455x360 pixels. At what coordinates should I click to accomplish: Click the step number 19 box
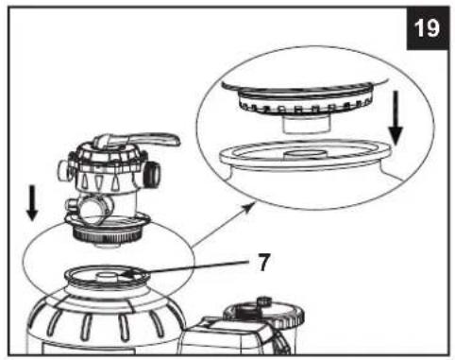pos(428,28)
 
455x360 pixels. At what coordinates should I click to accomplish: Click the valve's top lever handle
pos(148,140)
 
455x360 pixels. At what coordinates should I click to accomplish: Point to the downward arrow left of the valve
pos(32,203)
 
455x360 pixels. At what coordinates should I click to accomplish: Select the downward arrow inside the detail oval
pos(396,118)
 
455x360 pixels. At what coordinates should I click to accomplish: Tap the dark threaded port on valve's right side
pos(152,175)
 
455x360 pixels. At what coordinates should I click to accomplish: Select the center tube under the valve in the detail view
pos(305,124)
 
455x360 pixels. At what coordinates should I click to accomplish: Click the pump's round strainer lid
pos(264,315)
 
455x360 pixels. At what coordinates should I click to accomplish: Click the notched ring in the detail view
pos(305,106)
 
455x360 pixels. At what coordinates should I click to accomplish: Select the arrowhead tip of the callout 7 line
pos(122,274)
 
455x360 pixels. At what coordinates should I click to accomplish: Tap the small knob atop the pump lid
pos(263,300)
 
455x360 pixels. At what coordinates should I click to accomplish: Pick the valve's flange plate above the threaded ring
pos(107,220)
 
